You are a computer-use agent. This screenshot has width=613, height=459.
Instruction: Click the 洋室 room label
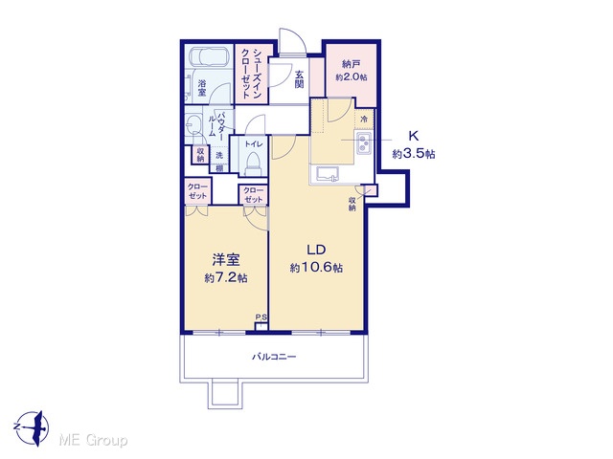[226, 259]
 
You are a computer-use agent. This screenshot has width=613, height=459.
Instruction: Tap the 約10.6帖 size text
[317, 268]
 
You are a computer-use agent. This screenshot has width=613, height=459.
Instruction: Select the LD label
[316, 250]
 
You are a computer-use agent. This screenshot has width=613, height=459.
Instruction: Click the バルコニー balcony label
[274, 357]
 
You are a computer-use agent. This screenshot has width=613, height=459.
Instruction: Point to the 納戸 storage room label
[352, 64]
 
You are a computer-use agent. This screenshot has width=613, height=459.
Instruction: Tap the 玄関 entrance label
[300, 79]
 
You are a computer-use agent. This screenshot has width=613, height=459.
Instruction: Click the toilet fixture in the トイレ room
[252, 164]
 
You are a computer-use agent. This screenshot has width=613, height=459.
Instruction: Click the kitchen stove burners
[364, 142]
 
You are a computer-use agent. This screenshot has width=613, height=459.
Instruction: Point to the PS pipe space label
[261, 317]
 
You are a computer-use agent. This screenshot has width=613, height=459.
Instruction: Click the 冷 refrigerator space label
[364, 119]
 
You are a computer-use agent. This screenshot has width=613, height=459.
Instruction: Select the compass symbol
[32, 427]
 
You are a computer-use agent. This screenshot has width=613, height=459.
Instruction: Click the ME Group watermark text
[93, 440]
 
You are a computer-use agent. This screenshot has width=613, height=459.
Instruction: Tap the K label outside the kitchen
[414, 136]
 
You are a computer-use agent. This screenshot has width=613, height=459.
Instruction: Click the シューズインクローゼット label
[251, 73]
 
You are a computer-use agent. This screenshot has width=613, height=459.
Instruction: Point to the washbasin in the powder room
[193, 124]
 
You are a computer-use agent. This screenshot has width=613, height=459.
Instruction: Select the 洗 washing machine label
[219, 155]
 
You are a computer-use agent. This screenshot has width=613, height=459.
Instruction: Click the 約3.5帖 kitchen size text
[414, 154]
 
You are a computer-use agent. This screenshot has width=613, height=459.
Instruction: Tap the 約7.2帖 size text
[226, 278]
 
